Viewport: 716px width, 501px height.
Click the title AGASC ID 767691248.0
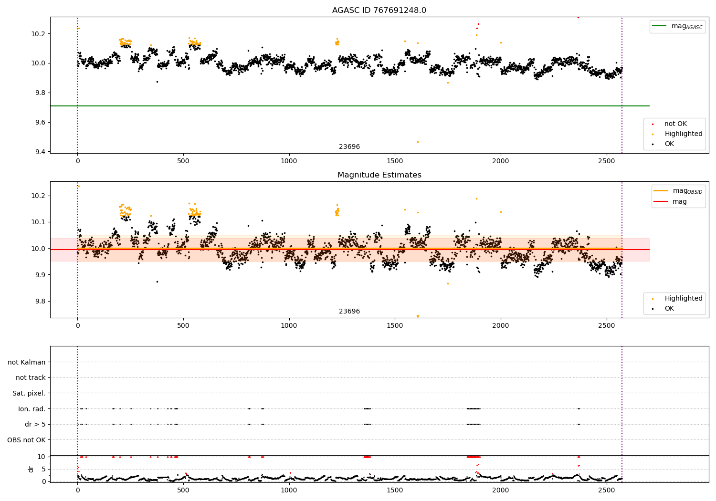coord(379,10)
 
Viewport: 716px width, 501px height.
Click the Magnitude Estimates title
coord(379,175)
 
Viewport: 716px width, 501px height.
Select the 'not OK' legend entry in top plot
coord(675,124)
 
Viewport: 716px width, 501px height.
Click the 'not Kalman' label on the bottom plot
coord(27,363)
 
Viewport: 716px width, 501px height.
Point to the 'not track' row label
coord(31,378)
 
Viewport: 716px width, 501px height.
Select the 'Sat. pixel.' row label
coord(29,394)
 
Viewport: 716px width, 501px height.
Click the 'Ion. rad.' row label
coord(32,409)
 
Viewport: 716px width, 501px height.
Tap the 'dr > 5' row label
coord(35,425)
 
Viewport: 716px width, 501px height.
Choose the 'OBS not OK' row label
coord(26,440)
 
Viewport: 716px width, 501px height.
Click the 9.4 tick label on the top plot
coord(39,152)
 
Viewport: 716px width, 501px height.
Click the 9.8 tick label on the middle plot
coord(39,302)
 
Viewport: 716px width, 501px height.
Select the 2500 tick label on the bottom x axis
coord(606,490)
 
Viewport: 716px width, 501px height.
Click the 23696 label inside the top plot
coord(349,147)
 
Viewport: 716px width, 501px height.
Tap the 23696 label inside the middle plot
coord(349,312)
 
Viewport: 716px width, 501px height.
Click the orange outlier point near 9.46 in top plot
coord(418,142)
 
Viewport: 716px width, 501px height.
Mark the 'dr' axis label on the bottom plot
coord(31,469)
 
